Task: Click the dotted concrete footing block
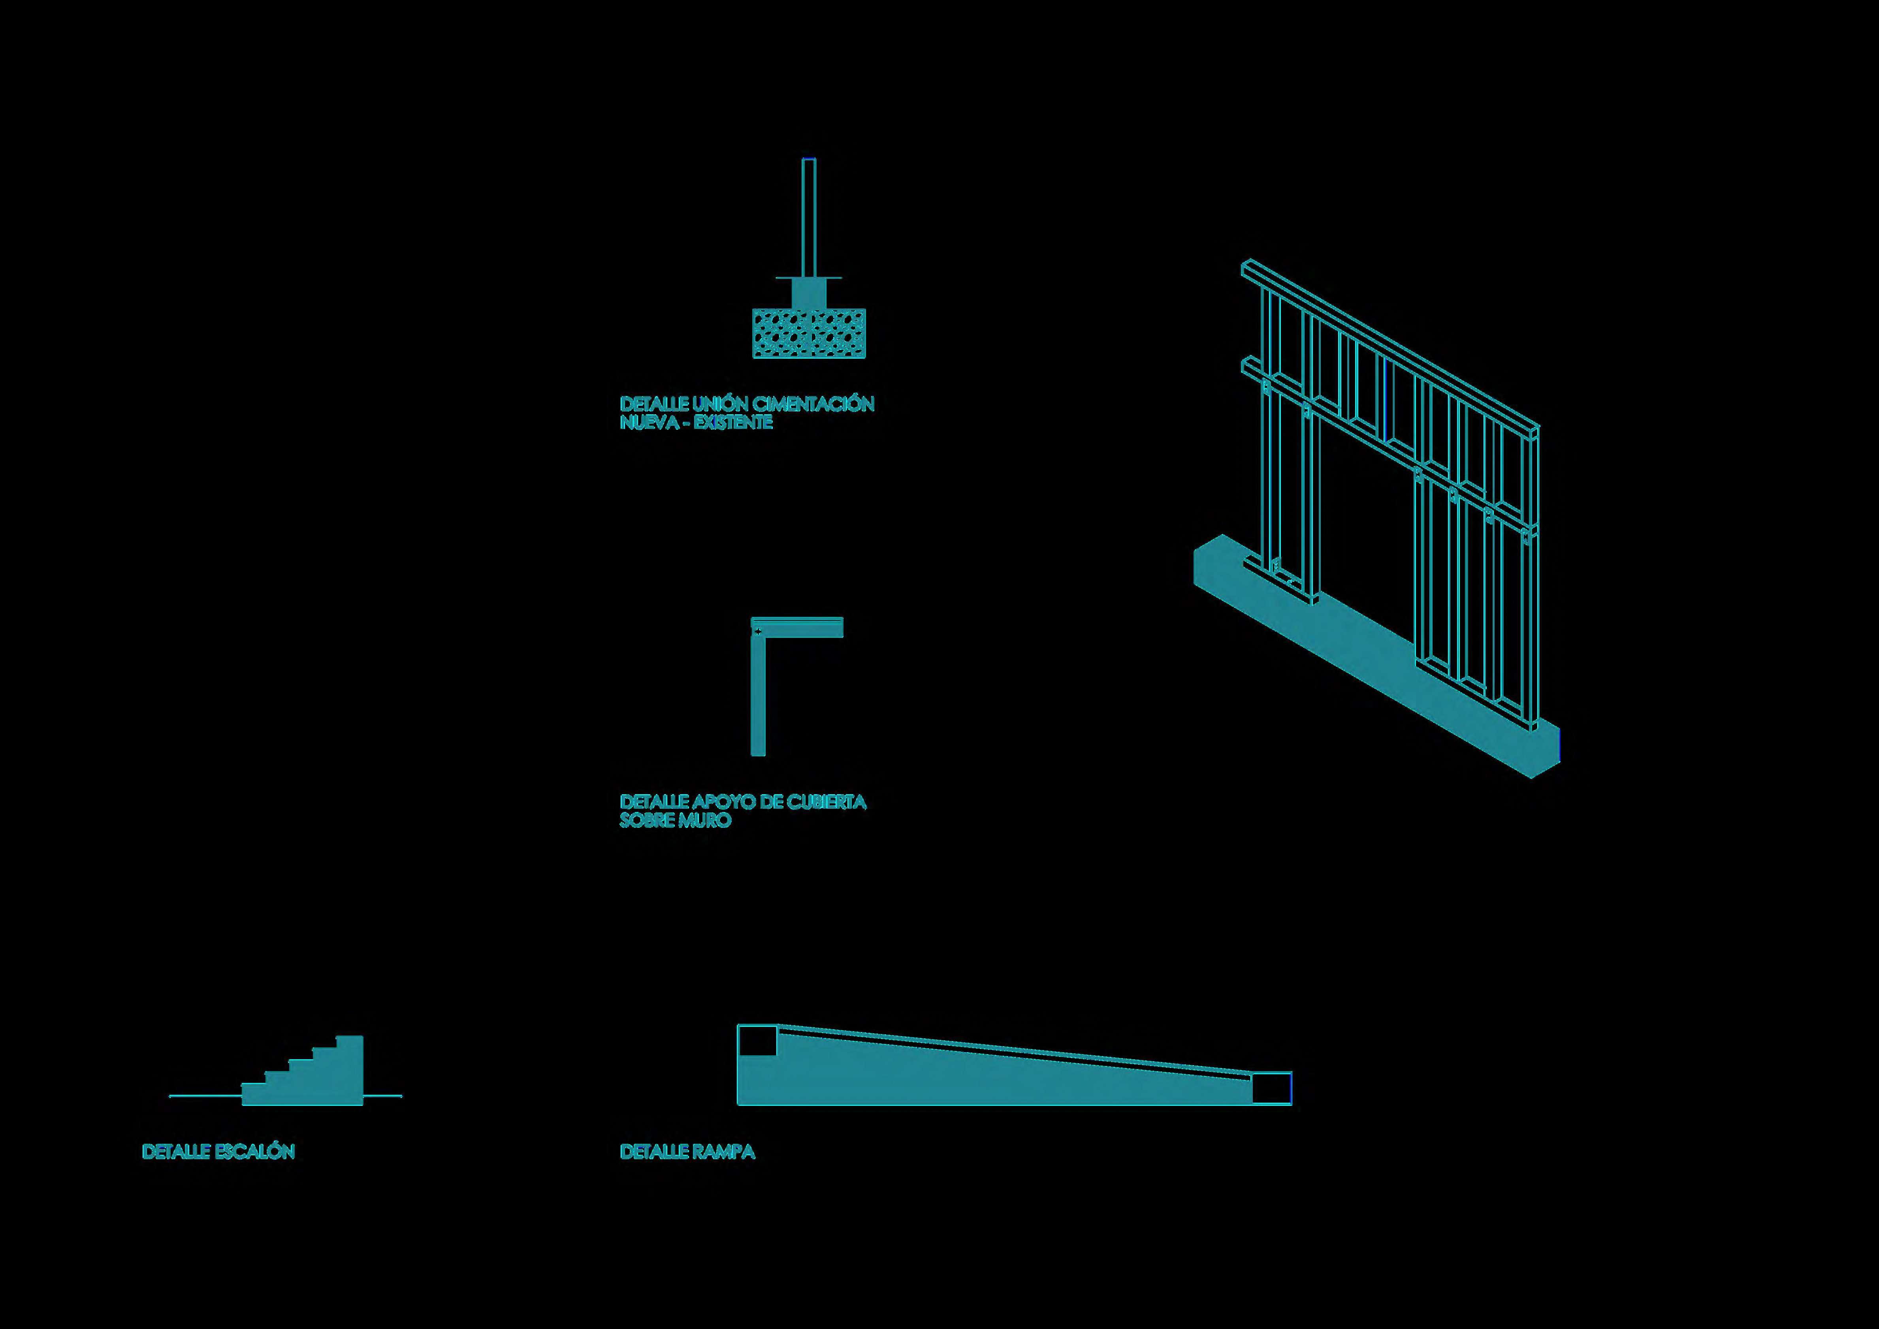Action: click(809, 333)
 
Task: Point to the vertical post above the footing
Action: click(809, 217)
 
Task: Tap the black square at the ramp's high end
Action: click(757, 1041)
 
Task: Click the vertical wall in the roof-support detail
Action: click(758, 696)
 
